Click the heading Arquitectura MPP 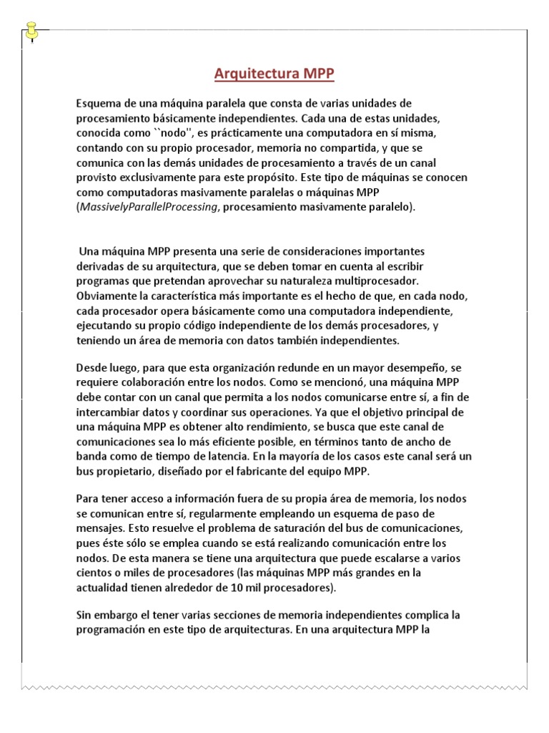pos(274,74)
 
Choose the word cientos pos(94,573)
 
